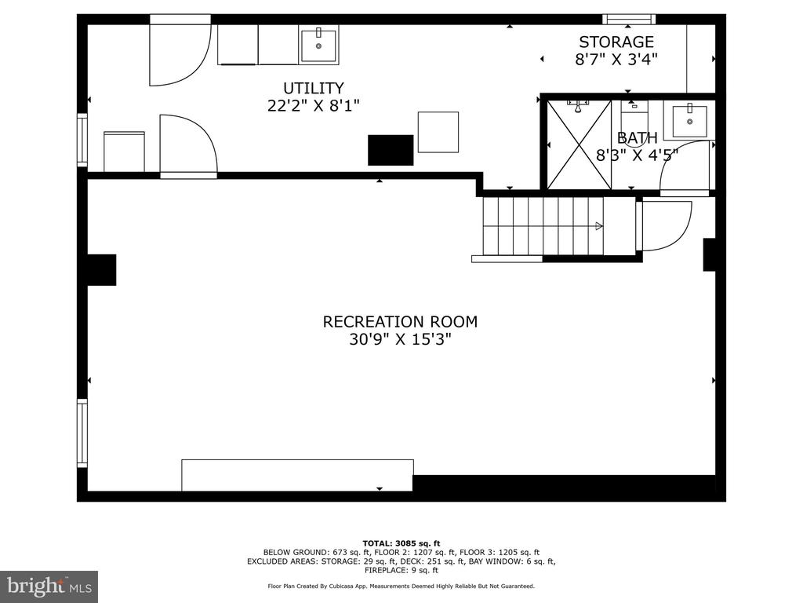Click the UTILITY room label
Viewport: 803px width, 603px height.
tap(314, 88)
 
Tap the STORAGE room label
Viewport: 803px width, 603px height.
tap(616, 42)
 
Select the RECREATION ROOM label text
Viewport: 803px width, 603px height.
tap(400, 321)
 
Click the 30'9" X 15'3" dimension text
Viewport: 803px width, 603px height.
tap(400, 339)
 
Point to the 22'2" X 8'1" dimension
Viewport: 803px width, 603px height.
tap(314, 106)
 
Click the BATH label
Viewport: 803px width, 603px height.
tap(637, 137)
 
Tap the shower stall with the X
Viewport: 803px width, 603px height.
tap(580, 144)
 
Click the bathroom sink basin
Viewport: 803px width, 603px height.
tap(690, 121)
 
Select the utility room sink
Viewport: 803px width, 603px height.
tap(318, 46)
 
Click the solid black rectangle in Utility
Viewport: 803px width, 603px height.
tap(391, 150)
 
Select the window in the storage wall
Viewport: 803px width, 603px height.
tap(629, 20)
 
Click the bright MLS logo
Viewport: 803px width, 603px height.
tap(49, 587)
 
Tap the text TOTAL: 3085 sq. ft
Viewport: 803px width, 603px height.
tap(401, 543)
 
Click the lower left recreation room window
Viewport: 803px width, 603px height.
tap(82, 433)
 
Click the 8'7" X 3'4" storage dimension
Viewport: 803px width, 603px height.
tap(616, 59)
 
